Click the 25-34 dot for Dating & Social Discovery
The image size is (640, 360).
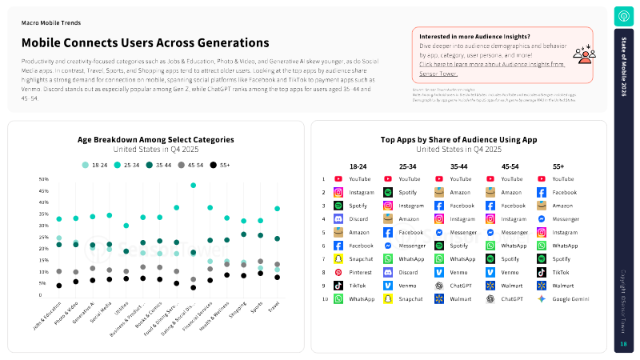193,186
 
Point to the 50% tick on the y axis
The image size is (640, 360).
43,179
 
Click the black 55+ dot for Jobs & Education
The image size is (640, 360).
58,286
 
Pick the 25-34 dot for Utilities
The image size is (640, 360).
126,226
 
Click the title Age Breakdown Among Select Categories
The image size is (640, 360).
156,139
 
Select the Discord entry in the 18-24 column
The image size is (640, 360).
358,218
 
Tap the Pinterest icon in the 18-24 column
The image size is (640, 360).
338,272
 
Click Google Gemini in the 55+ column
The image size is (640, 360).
570,298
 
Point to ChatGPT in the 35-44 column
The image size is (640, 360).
460,285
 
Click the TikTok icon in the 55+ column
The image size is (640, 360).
542,272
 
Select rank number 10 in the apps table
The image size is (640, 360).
323,298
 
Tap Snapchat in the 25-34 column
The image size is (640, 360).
410,298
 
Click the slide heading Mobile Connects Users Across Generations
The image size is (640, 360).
145,42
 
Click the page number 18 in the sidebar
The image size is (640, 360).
623,344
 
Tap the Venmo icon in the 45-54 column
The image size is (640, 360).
491,272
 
